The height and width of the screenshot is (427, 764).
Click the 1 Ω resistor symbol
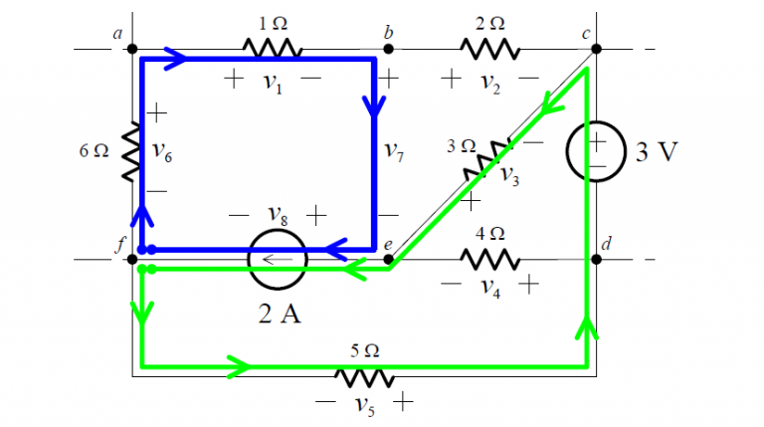click(271, 48)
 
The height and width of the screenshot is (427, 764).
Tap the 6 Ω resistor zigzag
click(130, 152)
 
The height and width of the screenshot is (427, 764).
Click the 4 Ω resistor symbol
click(489, 259)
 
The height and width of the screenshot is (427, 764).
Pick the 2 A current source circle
click(278, 260)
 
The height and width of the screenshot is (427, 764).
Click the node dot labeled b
click(389, 48)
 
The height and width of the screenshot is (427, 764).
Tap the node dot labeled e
click(389, 260)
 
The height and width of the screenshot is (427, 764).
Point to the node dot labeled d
click(595, 259)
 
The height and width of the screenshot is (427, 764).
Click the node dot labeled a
click(132, 48)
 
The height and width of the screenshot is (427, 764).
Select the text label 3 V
click(657, 152)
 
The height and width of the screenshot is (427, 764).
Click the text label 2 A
click(278, 314)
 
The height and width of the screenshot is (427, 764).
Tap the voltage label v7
click(396, 151)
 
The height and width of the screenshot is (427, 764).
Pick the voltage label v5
click(366, 405)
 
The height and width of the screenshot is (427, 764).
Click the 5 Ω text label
click(365, 350)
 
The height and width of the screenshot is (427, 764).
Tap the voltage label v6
click(164, 151)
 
